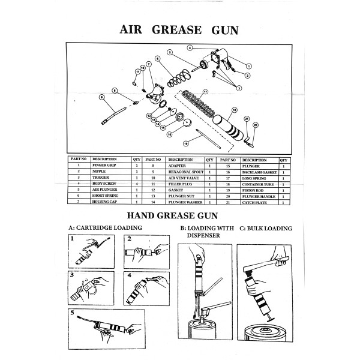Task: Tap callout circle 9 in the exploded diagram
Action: click(102, 97)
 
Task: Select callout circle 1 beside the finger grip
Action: click(248, 65)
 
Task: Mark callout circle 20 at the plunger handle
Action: click(255, 125)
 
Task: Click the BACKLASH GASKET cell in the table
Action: click(259, 172)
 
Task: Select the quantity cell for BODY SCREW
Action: click(137, 183)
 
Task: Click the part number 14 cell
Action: click(153, 202)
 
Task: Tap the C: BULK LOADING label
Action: click(265, 229)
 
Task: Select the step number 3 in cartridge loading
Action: click(72, 276)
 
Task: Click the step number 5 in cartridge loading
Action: click(72, 313)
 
